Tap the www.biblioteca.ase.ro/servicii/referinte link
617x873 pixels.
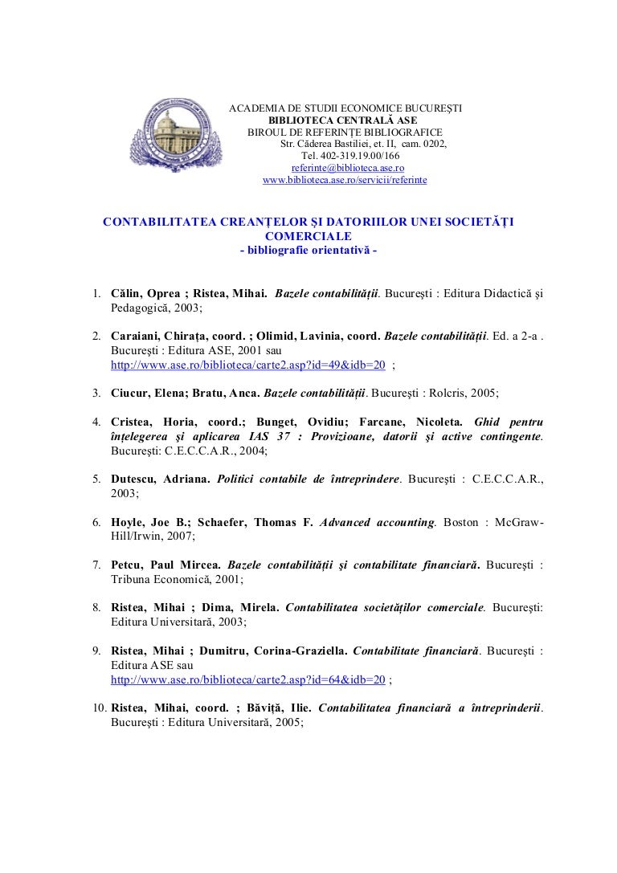point(345,181)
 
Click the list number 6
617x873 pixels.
point(95,522)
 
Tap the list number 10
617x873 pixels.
point(97,708)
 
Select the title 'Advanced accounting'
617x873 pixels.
point(378,522)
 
